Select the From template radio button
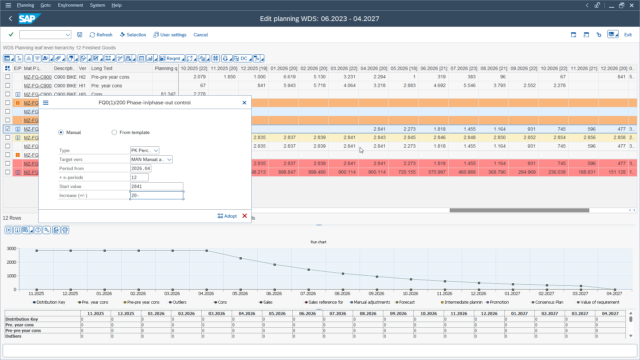pyautogui.click(x=114, y=132)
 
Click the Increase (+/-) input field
pyautogui.click(x=156, y=195)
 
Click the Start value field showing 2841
pyautogui.click(x=156, y=186)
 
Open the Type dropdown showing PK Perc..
pyautogui.click(x=145, y=150)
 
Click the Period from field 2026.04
pyautogui.click(x=140, y=168)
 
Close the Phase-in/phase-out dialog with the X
pyautogui.click(x=244, y=103)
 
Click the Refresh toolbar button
pyautogui.click(x=101, y=35)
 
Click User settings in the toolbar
pyautogui.click(x=170, y=35)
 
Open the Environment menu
pyautogui.click(x=70, y=5)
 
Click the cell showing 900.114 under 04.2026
pyautogui.click(x=377, y=172)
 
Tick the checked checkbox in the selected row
pyautogui.click(x=8, y=129)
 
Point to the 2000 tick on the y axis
pyautogui.click(x=12, y=262)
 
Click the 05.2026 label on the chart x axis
pyautogui.click(x=240, y=293)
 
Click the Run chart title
pyautogui.click(x=318, y=242)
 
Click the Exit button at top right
pyautogui.click(x=628, y=35)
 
